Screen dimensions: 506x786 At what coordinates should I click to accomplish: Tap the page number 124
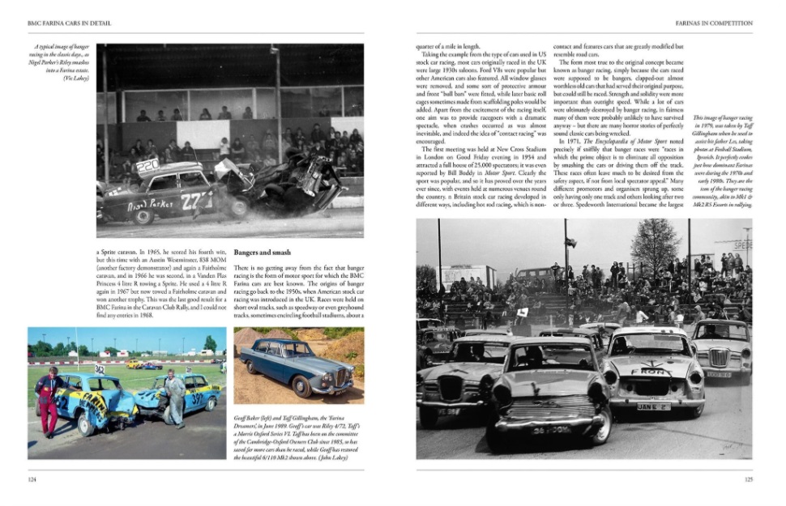click(x=33, y=479)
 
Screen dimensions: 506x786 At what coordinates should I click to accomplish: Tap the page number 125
click(x=748, y=479)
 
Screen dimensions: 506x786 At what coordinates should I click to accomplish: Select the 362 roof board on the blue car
click(x=100, y=369)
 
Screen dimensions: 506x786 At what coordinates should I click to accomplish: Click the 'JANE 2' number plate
click(x=653, y=406)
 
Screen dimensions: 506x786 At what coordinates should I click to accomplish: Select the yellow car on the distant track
click(x=134, y=364)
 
